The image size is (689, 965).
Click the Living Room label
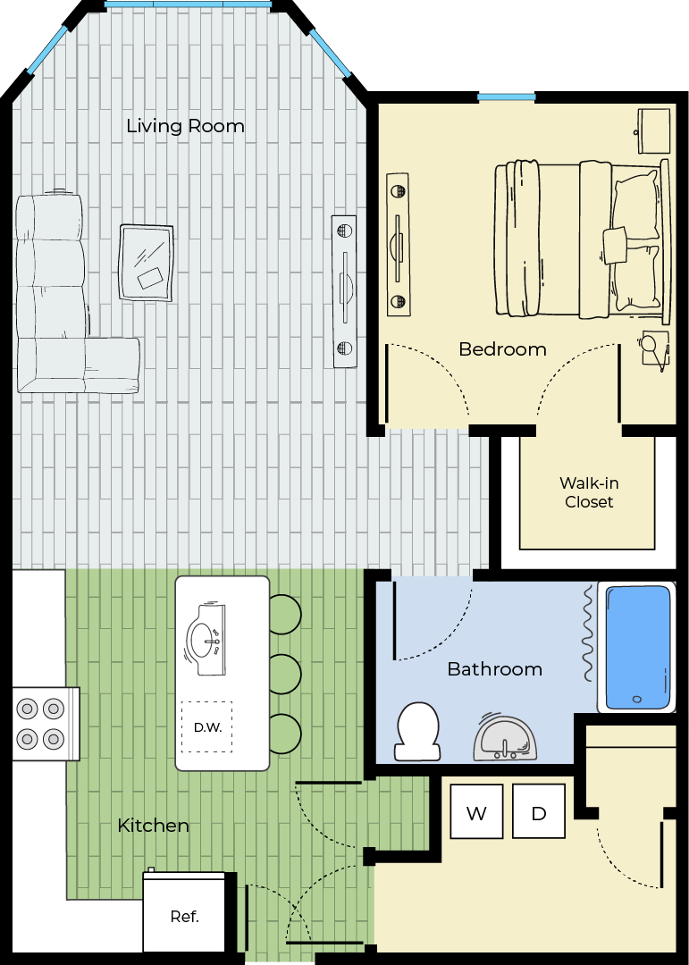tap(185, 126)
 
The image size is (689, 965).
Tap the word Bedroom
tap(502, 349)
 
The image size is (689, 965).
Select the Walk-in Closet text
tap(589, 492)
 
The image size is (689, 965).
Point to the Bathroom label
tap(495, 669)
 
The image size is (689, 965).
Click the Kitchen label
tap(154, 826)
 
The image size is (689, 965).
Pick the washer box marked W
tap(476, 811)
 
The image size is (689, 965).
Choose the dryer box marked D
tap(539, 811)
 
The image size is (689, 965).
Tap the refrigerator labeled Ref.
tap(184, 912)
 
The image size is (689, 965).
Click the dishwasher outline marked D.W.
tap(207, 726)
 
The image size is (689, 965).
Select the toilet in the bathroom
tap(417, 732)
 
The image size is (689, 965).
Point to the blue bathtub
tap(637, 648)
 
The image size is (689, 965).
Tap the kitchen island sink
tap(206, 639)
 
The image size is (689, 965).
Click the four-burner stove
tap(41, 724)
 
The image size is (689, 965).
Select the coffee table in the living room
tap(146, 263)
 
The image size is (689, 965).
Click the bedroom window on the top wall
tap(506, 96)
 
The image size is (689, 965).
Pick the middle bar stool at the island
tap(285, 674)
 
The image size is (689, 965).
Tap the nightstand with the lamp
tap(654, 350)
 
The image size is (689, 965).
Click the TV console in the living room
tap(344, 291)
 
